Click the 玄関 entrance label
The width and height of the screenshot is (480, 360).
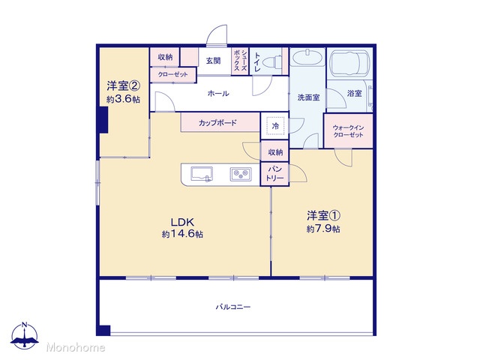213,61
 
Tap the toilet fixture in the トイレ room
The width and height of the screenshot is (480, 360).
273,61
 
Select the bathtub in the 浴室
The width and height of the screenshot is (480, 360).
350,63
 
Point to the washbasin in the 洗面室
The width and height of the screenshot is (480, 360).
307,57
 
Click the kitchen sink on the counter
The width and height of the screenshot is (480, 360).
202,174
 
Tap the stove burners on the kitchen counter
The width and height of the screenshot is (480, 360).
241,174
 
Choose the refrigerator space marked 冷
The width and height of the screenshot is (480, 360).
275,125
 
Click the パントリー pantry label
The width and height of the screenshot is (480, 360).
274,173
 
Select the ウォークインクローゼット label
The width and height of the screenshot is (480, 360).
348,131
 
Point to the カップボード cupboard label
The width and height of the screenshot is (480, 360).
217,123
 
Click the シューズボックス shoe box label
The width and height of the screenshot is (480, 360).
240,60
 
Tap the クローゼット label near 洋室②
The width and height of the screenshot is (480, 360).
172,74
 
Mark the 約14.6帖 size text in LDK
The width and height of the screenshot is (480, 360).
182,234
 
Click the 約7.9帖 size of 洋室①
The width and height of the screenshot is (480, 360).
323,229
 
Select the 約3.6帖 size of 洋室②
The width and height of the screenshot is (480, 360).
123,99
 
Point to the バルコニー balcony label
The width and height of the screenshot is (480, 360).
233,307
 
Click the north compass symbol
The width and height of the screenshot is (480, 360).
25,335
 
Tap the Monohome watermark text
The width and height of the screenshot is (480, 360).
76,347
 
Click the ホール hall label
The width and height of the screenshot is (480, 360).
218,93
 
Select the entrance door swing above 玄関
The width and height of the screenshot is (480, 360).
217,35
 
